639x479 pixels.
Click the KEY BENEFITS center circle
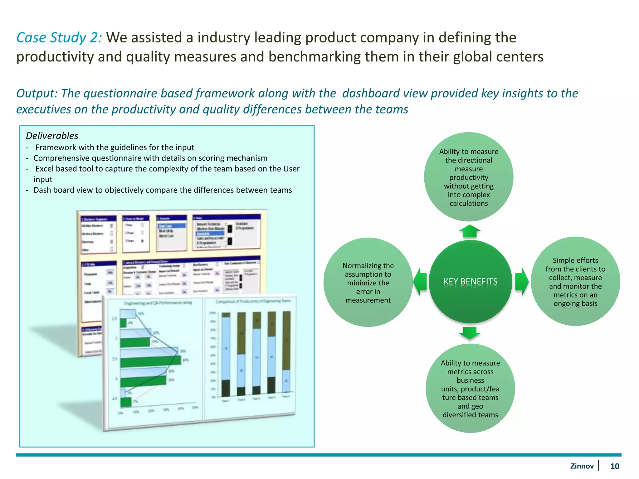point(470,281)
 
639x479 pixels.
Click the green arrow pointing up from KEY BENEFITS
point(470,231)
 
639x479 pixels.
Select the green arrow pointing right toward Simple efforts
point(521,281)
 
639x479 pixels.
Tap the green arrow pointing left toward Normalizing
point(420,281)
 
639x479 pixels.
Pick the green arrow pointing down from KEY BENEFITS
point(470,332)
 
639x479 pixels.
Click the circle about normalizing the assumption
point(368,283)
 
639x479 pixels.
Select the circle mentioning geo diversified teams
point(470,389)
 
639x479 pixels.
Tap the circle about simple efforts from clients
point(575,282)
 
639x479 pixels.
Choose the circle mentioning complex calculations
point(469,177)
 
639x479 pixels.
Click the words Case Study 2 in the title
point(59,38)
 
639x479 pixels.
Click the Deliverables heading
point(52,136)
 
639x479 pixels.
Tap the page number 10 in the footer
point(614,466)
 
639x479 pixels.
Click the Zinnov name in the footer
point(582,466)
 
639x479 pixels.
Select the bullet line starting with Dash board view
point(162,190)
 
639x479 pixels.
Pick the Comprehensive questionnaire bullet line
point(150,158)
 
